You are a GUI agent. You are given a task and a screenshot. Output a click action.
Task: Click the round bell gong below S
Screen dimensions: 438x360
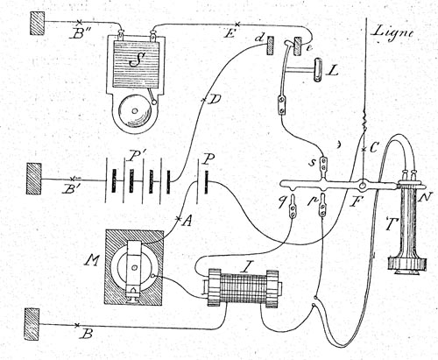point(135,111)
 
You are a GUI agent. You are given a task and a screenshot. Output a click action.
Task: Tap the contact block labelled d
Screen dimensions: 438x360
point(271,46)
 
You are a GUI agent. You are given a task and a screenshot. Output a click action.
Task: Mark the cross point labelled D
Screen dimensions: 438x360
point(204,100)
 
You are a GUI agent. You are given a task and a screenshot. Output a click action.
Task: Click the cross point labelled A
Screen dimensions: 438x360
point(179,218)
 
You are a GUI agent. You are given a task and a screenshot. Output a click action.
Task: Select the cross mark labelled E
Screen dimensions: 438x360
point(237,24)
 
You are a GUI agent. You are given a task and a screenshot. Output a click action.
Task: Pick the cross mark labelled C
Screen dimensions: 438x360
point(364,150)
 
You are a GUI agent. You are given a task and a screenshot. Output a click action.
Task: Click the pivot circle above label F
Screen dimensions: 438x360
point(363,185)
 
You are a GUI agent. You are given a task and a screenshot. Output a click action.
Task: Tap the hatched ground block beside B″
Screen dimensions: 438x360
point(38,23)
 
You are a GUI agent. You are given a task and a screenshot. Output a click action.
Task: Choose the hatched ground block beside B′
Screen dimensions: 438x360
point(33,179)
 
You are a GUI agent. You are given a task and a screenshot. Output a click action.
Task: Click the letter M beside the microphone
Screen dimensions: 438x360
point(92,259)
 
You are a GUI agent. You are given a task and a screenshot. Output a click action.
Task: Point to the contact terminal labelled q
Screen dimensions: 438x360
point(292,208)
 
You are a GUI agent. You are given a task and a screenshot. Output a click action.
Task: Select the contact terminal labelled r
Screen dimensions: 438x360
point(322,206)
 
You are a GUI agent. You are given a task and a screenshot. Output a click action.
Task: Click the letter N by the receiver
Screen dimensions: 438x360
point(425,199)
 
